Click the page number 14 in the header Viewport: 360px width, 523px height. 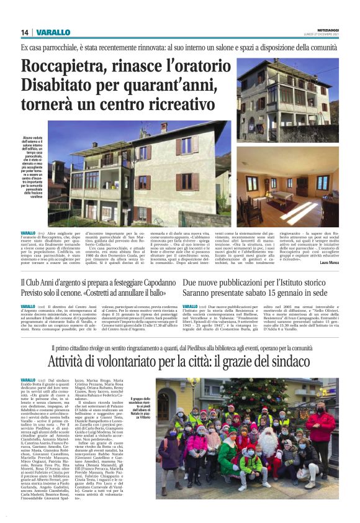tap(25, 32)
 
